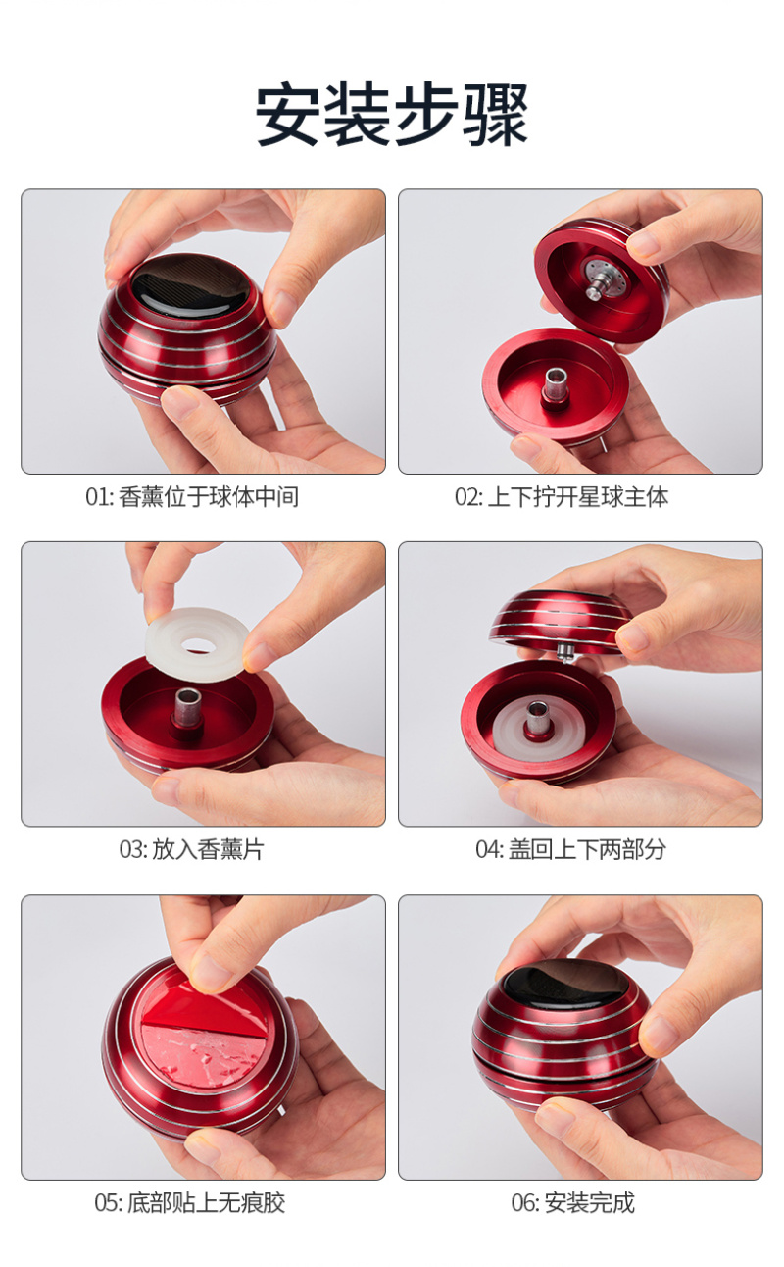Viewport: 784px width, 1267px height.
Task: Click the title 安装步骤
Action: point(392,115)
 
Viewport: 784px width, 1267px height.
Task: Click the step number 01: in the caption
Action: point(100,497)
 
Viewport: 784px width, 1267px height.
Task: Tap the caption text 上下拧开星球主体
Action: point(577,497)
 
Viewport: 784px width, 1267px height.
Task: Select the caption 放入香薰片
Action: point(208,849)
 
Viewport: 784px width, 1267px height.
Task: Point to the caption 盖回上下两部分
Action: point(587,849)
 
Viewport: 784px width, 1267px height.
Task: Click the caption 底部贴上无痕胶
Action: point(207,1203)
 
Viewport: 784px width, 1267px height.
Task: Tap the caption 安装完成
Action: point(590,1203)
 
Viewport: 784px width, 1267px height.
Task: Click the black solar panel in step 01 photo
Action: point(186,289)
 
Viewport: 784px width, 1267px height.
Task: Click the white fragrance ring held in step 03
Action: point(197,644)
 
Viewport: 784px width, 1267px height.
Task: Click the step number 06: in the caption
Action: point(525,1203)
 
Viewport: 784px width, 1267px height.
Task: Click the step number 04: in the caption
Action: point(489,849)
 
